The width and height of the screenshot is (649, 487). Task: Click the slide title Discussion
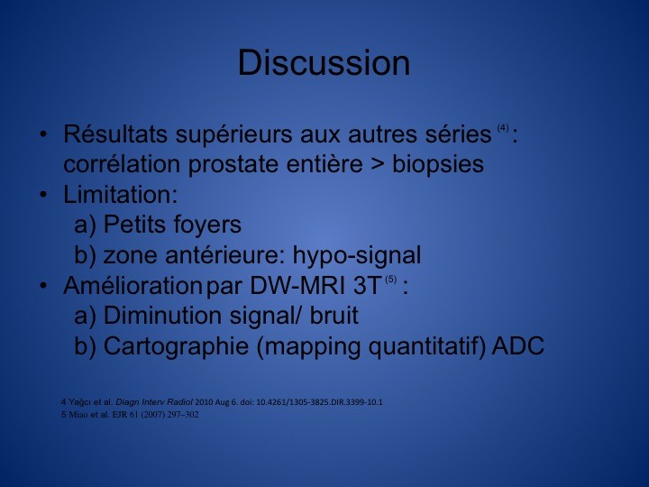pyautogui.click(x=324, y=62)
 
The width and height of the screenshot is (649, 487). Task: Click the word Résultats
pyautogui.click(x=115, y=133)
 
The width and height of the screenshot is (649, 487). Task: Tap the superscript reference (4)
pyautogui.click(x=503, y=128)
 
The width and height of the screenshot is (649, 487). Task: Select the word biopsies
pyautogui.click(x=438, y=164)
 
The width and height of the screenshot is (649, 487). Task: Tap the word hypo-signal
pyautogui.click(x=357, y=256)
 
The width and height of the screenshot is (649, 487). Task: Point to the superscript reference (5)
pyautogui.click(x=390, y=280)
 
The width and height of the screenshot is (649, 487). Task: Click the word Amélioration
pyautogui.click(x=132, y=285)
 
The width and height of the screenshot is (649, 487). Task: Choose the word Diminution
pyautogui.click(x=162, y=316)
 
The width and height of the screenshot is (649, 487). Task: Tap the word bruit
pyautogui.click(x=334, y=316)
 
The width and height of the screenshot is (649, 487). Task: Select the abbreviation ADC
pyautogui.click(x=517, y=345)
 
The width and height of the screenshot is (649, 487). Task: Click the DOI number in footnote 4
pyautogui.click(x=319, y=402)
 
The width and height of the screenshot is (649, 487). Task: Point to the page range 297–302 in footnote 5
pyautogui.click(x=182, y=415)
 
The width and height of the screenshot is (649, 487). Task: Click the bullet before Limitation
pyautogui.click(x=43, y=195)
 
